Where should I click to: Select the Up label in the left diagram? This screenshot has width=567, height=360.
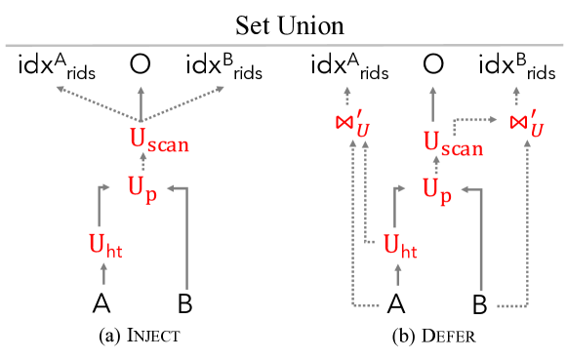tap(142, 186)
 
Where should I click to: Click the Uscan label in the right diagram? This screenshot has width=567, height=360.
tap(453, 143)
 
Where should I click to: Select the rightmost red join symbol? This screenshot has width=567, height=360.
tap(526, 124)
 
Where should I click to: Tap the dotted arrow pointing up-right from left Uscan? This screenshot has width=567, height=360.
tap(185, 101)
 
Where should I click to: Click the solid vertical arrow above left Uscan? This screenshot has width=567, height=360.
tap(141, 102)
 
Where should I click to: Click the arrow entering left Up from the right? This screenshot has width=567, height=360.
tap(185, 234)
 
